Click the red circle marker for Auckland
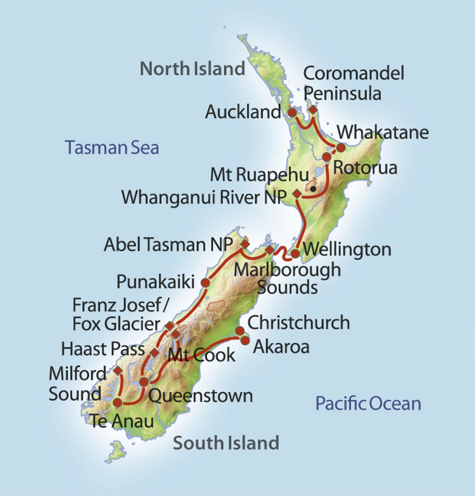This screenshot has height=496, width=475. point(292,113)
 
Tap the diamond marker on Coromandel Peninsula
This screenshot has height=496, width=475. point(313,110)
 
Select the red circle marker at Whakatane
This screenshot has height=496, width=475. point(341,147)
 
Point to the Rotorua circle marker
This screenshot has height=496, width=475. point(327,157)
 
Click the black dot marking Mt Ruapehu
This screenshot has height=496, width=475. point(313,189)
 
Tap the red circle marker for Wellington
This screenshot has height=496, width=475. point(295,253)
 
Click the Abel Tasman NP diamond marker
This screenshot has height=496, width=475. point(245,244)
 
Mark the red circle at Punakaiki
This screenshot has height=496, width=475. point(205,282)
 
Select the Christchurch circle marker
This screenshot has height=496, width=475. point(240,330)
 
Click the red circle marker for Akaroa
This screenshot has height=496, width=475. point(245,341)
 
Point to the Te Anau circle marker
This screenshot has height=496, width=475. point(118,402)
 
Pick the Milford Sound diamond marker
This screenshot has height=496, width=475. point(118,370)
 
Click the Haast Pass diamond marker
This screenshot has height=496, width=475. point(155,352)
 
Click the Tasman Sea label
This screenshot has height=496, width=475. point(112,148)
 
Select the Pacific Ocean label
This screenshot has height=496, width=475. point(368,404)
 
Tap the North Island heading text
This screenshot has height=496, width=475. point(193,69)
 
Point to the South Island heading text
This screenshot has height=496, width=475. point(226,443)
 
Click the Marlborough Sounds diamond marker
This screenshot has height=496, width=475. point(270,250)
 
